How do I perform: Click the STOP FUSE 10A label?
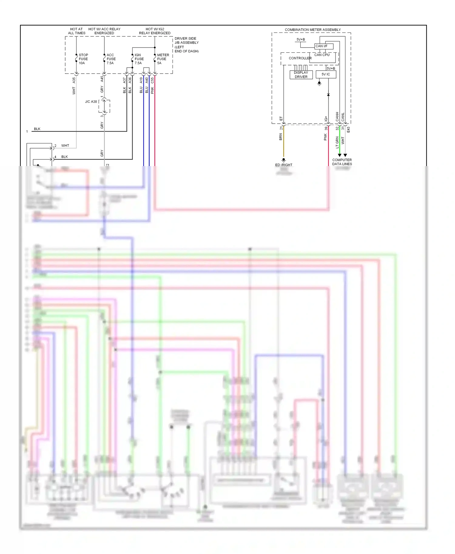click(x=83, y=59)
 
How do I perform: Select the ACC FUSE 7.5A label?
click(x=111, y=59)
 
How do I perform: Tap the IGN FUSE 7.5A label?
click(x=139, y=59)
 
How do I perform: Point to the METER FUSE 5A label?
click(x=163, y=59)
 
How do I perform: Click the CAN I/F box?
click(x=324, y=46)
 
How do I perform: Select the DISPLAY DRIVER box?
click(x=301, y=75)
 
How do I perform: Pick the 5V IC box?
click(x=326, y=74)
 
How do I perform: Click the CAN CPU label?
click(x=322, y=55)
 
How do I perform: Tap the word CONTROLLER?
click(x=300, y=58)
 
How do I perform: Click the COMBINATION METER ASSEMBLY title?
click(x=312, y=30)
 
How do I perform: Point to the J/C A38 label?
click(x=91, y=102)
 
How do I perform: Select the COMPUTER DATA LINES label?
click(x=342, y=162)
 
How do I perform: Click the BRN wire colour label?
click(x=281, y=137)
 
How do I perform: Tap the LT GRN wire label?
click(x=337, y=142)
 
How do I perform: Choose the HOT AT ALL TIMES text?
click(x=76, y=31)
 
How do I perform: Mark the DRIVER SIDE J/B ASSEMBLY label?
click(x=186, y=45)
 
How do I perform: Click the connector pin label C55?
click(x=152, y=80)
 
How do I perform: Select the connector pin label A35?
click(x=74, y=80)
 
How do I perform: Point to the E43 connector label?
click(x=348, y=130)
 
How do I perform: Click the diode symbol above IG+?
click(x=328, y=95)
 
